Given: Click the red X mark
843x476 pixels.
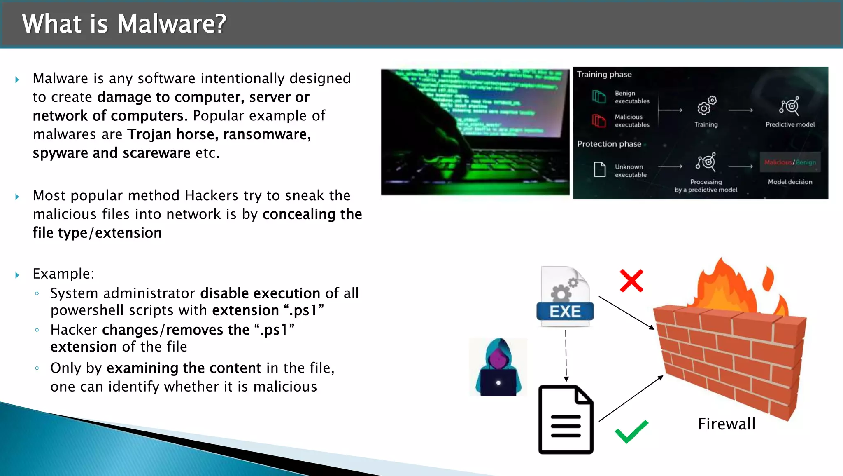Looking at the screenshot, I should click(631, 281).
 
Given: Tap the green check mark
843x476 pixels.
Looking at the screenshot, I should click(631, 431).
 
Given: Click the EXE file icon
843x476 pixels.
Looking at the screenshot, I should click(565, 296).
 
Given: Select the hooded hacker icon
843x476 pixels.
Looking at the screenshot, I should click(498, 367).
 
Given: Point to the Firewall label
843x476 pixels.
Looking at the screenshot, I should click(727, 424).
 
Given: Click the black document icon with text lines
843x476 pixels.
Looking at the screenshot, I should click(566, 420).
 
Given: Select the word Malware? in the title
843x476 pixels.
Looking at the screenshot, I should click(172, 24).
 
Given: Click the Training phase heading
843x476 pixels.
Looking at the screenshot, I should click(604, 75).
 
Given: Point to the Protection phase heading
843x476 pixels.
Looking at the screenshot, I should click(609, 144).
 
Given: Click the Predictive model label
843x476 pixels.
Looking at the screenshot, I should click(790, 124).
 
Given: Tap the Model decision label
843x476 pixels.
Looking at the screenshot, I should click(790, 182).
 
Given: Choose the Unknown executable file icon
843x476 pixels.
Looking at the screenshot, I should click(600, 169).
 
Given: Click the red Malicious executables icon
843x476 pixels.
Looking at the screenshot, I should click(599, 121).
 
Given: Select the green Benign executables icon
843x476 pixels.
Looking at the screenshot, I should click(599, 97).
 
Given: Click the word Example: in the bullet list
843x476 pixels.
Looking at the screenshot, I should click(63, 274).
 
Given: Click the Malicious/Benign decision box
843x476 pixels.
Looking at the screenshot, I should click(790, 162).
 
